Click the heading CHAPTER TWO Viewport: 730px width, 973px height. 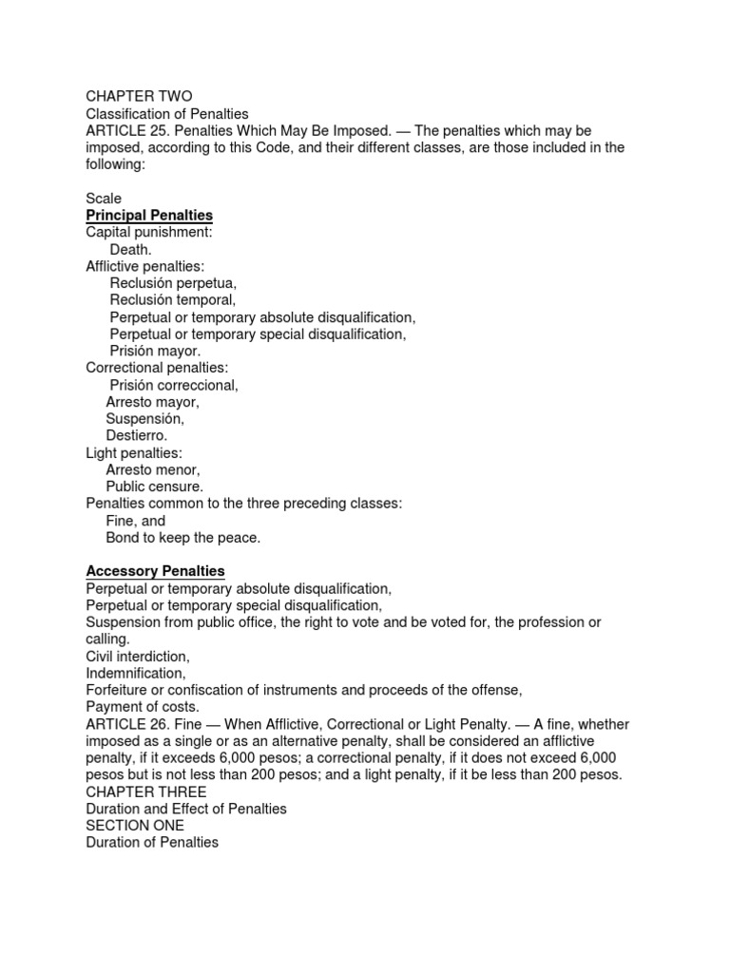pos(139,96)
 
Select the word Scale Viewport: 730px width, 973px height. pos(104,199)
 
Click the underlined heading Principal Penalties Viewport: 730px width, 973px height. pos(149,216)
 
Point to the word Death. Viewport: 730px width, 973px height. pos(130,249)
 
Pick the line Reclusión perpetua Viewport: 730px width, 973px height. pos(172,283)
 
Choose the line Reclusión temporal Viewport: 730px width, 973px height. pos(172,300)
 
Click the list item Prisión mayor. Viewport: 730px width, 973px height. pos(155,351)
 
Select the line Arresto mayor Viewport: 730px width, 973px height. pos(152,402)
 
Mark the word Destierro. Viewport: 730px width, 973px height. pos(136,436)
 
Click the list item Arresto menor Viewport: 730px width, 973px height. pos(153,469)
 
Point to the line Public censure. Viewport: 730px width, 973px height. pos(154,486)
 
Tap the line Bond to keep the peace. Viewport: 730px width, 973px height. pos(182,538)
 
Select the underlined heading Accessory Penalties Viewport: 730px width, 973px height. pos(155,571)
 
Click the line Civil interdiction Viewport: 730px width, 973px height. pos(138,657)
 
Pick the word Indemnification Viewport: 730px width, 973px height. pos(135,673)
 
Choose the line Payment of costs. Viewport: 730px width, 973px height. pos(143,707)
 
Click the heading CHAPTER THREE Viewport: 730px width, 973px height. pos(145,792)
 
